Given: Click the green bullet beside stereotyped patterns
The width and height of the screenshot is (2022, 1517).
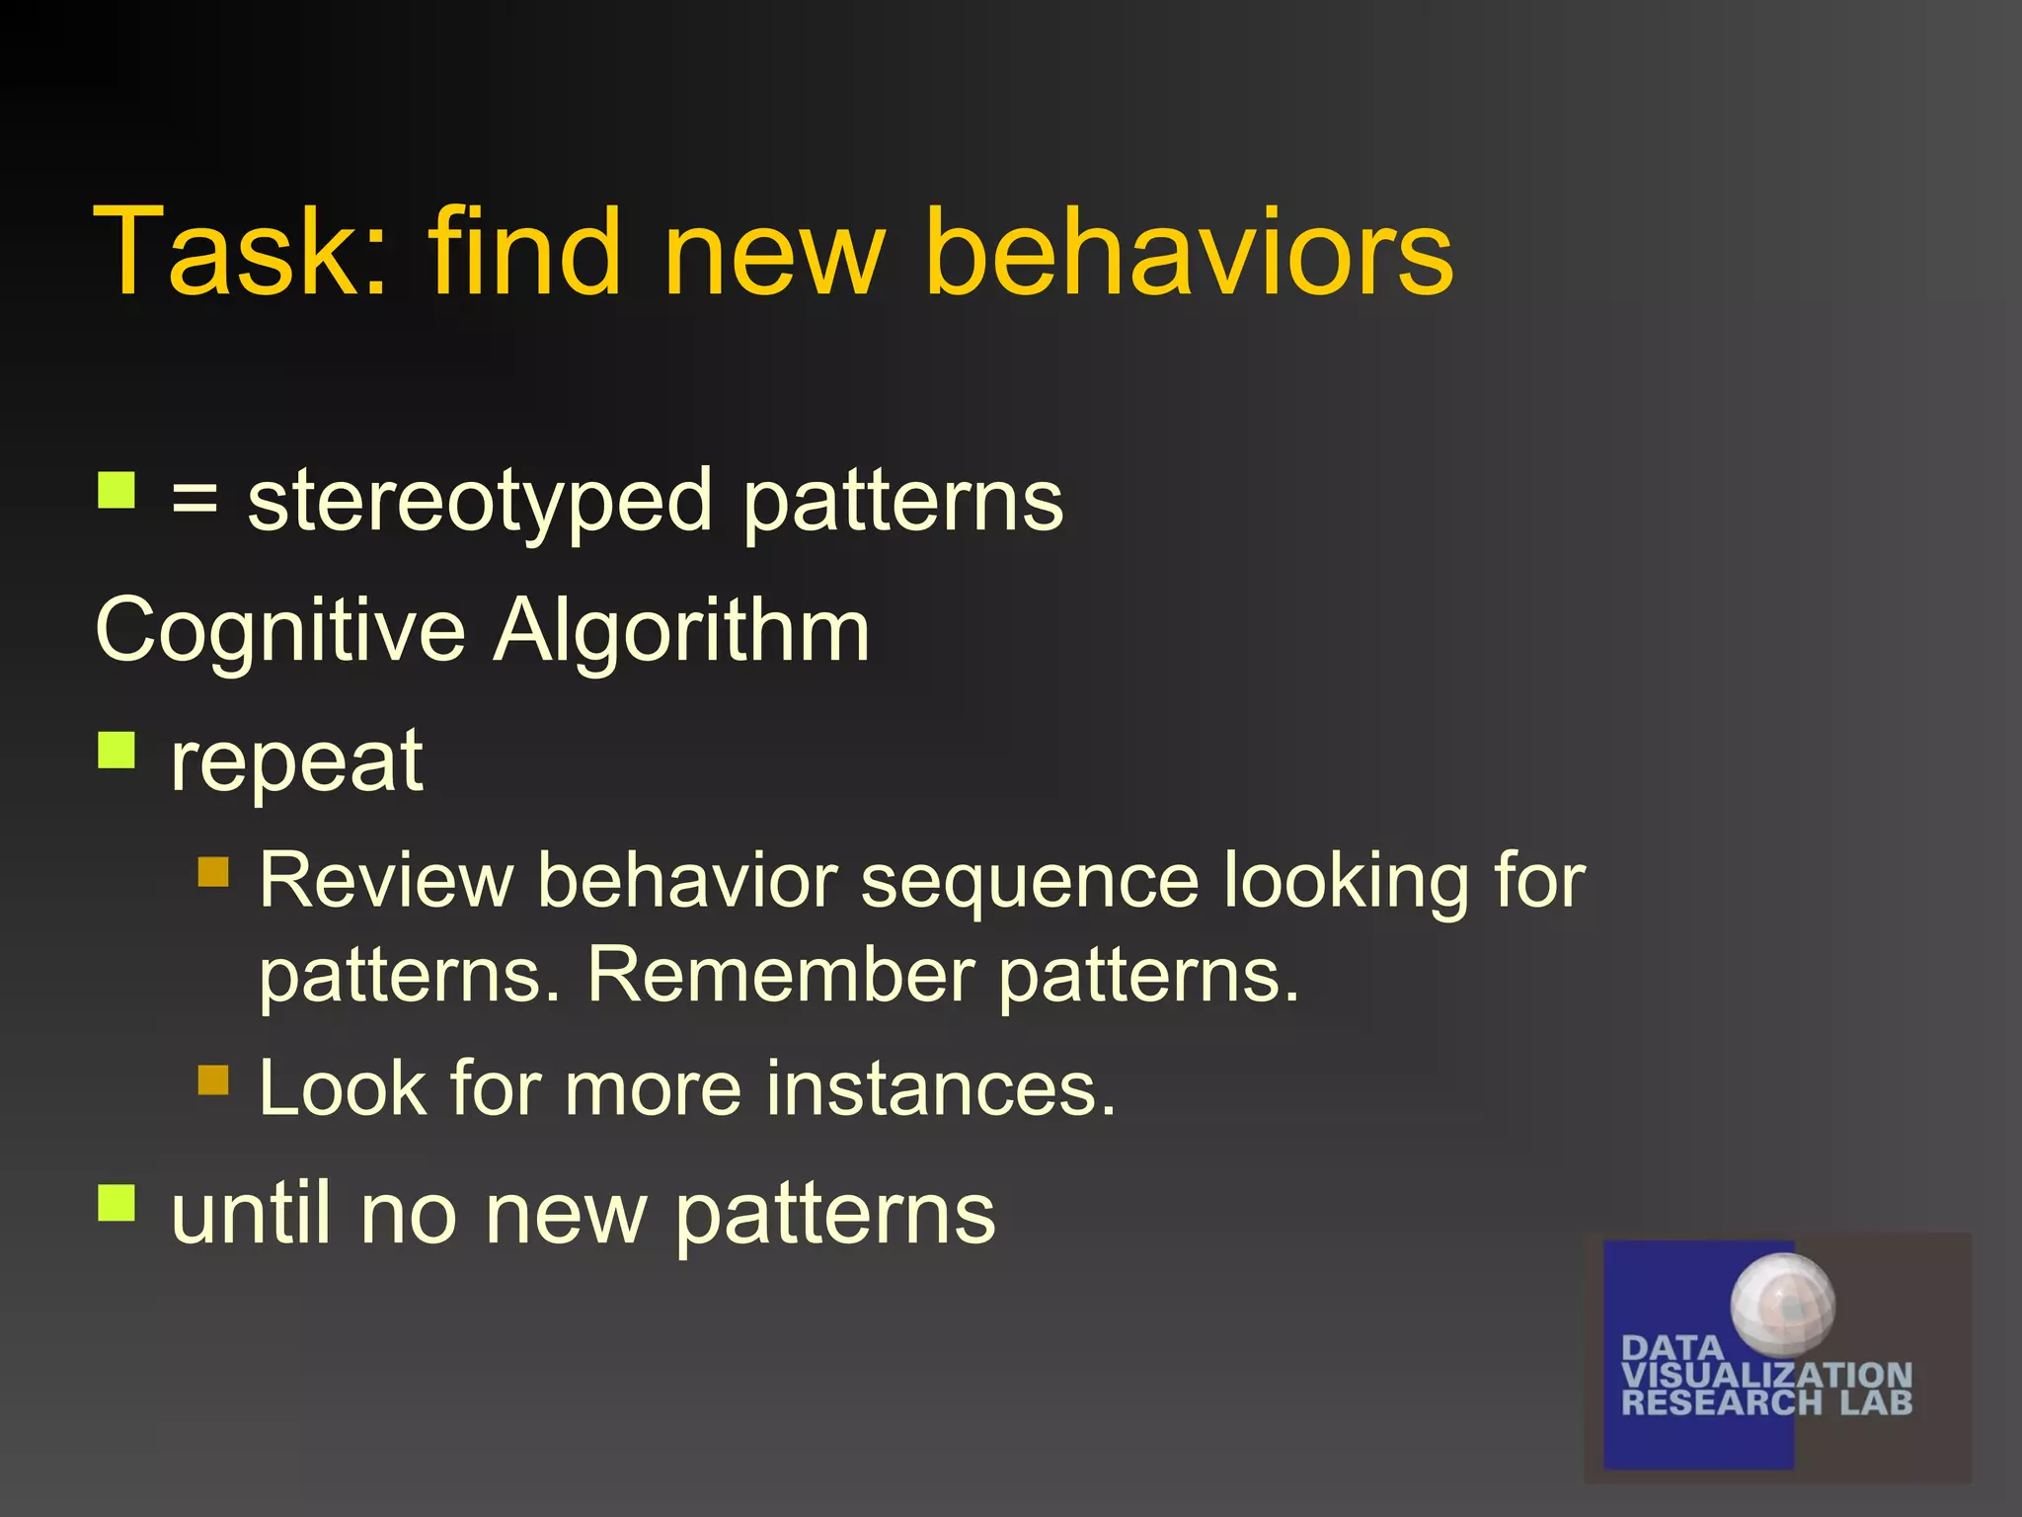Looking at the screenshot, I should pyautogui.click(x=117, y=490).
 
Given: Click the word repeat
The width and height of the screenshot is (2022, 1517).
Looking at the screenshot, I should pyautogui.click(x=296, y=762).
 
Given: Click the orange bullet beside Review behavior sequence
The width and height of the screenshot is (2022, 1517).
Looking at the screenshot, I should pyautogui.click(x=213, y=872).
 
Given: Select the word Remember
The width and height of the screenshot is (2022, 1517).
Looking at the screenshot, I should pyautogui.click(x=780, y=976).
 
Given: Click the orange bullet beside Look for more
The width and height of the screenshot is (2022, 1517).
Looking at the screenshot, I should pyautogui.click(x=213, y=1079).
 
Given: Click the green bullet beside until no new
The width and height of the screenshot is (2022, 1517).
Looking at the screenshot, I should pyautogui.click(x=117, y=1203).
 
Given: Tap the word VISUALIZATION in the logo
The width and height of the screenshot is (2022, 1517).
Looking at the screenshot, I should pyautogui.click(x=1766, y=1375).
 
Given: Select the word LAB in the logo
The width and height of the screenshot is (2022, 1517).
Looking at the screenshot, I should pyautogui.click(x=1876, y=1402).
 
